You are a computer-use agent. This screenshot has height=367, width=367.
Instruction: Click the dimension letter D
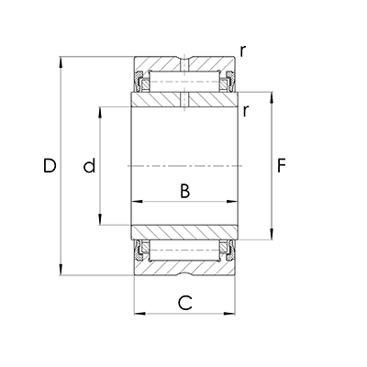[x=50, y=166]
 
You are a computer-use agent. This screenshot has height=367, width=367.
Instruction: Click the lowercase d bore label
[x=89, y=166]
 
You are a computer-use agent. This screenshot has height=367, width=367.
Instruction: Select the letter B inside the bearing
[x=184, y=192]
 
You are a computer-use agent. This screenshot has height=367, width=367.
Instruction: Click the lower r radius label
[x=247, y=111]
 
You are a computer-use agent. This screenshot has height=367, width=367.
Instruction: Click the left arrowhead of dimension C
[x=139, y=313]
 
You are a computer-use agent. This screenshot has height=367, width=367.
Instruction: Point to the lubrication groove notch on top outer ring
[x=184, y=62]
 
